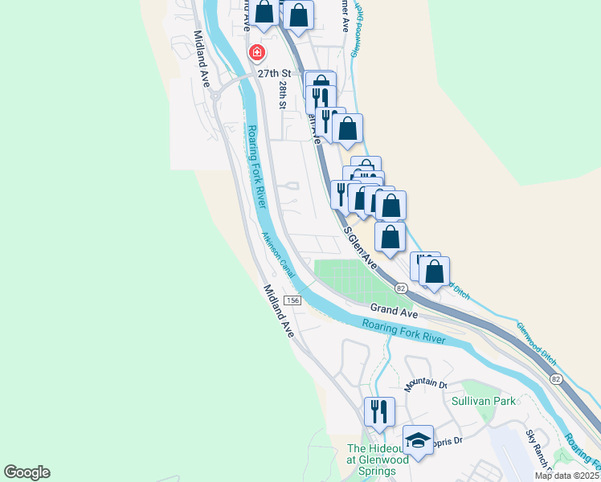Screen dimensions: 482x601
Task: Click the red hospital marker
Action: tap(257, 53)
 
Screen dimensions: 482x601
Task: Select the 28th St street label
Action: tap(283, 93)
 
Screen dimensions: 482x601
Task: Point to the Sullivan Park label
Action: tap(482, 399)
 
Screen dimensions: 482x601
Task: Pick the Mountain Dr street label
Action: tap(425, 384)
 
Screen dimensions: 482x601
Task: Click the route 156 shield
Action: tap(292, 300)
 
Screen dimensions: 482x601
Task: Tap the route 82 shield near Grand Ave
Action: tap(401, 288)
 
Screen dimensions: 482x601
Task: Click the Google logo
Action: tap(27, 472)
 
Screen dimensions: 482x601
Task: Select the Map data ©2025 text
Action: tap(566, 476)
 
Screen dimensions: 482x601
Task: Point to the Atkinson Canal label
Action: tap(278, 255)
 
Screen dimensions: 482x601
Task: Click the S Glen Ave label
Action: tap(362, 248)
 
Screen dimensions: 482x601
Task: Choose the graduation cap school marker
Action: tap(418, 439)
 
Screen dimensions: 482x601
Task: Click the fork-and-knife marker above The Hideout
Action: tap(379, 411)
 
